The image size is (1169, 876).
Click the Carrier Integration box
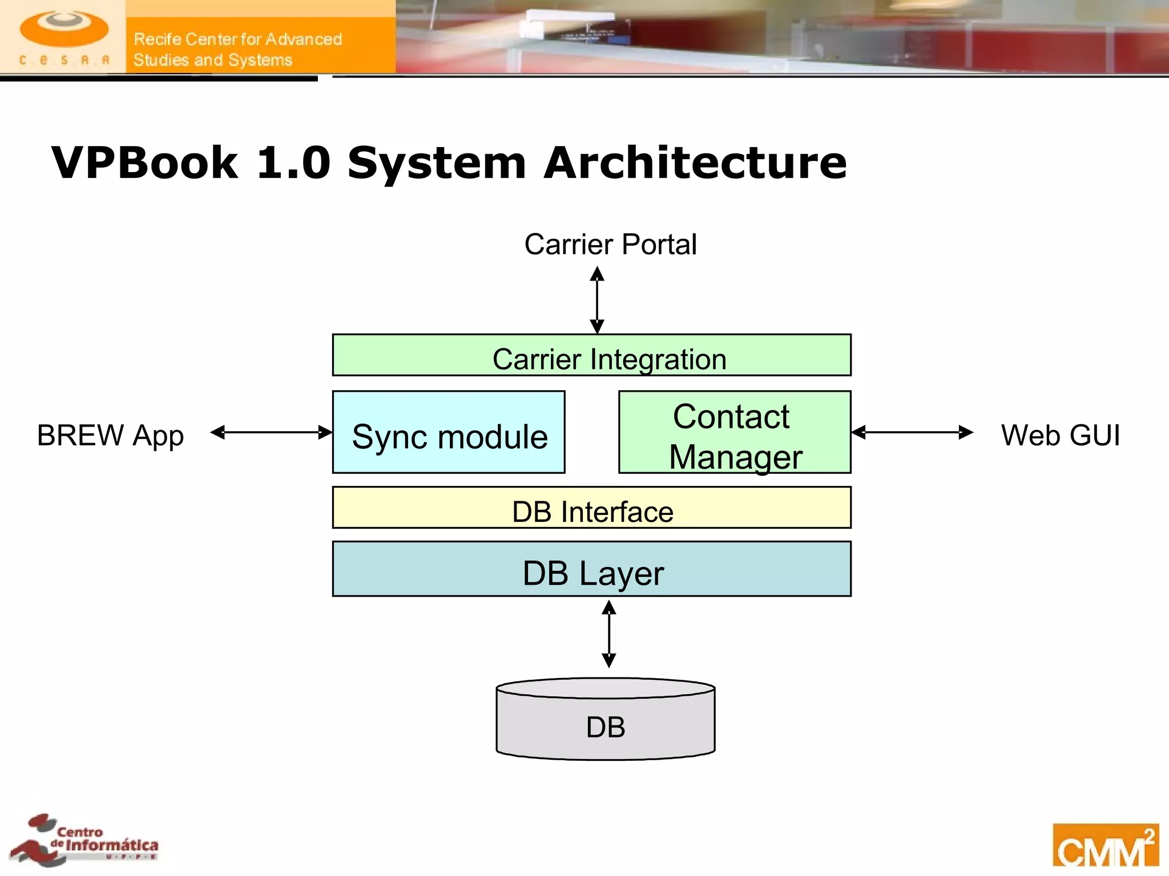tap(591, 355)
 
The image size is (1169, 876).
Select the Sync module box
tap(449, 432)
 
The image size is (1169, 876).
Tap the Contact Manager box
tap(735, 432)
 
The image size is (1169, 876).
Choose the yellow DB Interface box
tap(591, 508)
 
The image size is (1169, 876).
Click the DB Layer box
tap(591, 569)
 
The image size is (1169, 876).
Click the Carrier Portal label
tap(610, 245)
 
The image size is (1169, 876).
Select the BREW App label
tap(110, 436)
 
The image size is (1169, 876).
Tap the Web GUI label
tap(1060, 436)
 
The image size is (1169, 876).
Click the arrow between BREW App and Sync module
tap(271, 432)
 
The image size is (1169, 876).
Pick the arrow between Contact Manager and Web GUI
tap(912, 432)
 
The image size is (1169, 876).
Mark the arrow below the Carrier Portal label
tap(597, 300)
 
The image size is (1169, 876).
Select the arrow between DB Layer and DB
tap(609, 634)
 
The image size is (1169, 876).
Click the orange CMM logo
tap(1105, 845)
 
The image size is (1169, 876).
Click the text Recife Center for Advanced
tap(237, 39)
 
